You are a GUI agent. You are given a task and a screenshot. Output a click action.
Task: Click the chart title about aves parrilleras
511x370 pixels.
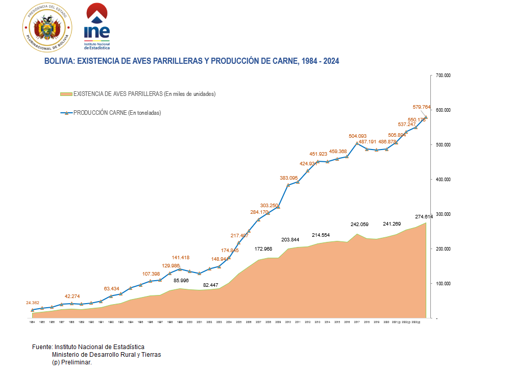(x=191, y=61)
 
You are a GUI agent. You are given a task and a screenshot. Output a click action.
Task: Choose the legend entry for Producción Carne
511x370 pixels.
(x=117, y=113)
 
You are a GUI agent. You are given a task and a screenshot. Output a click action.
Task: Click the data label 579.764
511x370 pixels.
(x=422, y=107)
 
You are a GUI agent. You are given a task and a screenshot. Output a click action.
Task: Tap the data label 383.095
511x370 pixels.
(x=289, y=178)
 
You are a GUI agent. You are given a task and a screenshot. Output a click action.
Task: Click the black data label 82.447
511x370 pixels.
(x=212, y=285)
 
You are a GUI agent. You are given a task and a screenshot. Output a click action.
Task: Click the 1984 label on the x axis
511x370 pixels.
(x=32, y=323)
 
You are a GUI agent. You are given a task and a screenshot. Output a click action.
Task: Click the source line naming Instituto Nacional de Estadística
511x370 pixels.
(x=88, y=347)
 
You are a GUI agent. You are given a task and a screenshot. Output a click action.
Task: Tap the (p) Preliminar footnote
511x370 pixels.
(x=71, y=362)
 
